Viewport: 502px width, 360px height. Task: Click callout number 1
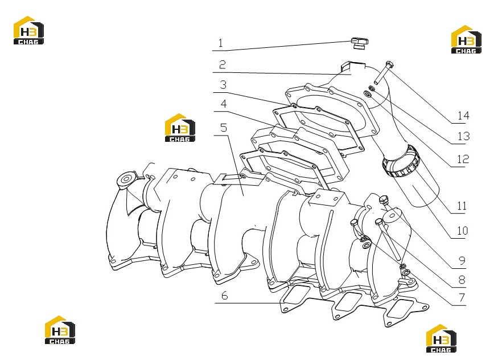(x=220, y=43)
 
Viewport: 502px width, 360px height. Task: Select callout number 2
(x=223, y=65)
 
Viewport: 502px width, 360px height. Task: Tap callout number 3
(x=223, y=84)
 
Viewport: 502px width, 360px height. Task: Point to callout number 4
(x=224, y=104)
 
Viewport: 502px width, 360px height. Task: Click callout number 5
(x=224, y=128)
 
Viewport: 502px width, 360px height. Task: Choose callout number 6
(x=225, y=295)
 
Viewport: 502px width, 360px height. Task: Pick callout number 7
(x=462, y=298)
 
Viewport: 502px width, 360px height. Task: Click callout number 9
(x=462, y=260)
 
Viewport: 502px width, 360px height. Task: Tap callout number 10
(x=462, y=231)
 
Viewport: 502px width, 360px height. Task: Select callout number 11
(x=462, y=206)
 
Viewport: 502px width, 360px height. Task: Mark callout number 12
(x=463, y=159)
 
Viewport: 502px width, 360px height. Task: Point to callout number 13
(x=463, y=137)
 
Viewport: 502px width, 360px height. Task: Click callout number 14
(x=463, y=116)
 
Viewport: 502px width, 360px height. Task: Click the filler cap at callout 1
(x=360, y=43)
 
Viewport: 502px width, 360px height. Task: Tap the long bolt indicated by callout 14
(x=384, y=72)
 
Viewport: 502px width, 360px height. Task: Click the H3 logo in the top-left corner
(x=28, y=30)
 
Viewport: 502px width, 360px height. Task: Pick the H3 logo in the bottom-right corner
(x=441, y=338)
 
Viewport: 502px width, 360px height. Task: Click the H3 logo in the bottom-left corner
(x=60, y=330)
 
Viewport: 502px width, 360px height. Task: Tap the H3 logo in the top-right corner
(x=466, y=39)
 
